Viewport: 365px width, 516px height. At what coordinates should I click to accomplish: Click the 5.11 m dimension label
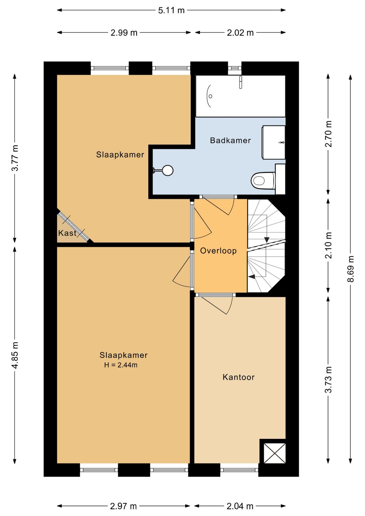pyautogui.click(x=171, y=10)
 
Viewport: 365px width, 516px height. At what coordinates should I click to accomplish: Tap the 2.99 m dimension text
pyautogui.click(x=124, y=33)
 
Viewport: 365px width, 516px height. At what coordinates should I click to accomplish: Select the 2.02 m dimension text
pyautogui.click(x=240, y=33)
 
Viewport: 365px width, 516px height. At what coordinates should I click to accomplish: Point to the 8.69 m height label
pyautogui.click(x=350, y=269)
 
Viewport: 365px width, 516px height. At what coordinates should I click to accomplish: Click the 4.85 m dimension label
pyautogui.click(x=15, y=355)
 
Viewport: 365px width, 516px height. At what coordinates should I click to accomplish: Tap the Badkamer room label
pyautogui.click(x=230, y=140)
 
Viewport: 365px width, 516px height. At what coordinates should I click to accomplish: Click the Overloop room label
pyautogui.click(x=218, y=251)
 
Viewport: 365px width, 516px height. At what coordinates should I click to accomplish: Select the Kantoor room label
pyautogui.click(x=239, y=377)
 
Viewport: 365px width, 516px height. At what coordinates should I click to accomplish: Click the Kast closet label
pyautogui.click(x=67, y=233)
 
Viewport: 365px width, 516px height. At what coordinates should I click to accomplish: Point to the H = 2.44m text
pyautogui.click(x=121, y=365)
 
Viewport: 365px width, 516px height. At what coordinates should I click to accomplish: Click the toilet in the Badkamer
pyautogui.click(x=263, y=181)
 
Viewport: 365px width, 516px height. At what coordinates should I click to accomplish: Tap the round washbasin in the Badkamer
pyautogui.click(x=167, y=171)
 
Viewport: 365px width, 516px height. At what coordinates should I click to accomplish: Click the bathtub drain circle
pyautogui.click(x=211, y=96)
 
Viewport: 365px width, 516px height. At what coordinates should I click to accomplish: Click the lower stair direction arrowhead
pyautogui.click(x=252, y=277)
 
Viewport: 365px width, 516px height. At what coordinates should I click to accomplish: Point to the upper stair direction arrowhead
pyautogui.click(x=267, y=240)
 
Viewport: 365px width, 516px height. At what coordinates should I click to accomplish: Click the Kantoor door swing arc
pyautogui.click(x=230, y=306)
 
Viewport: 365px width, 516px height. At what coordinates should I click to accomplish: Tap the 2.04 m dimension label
pyautogui.click(x=240, y=506)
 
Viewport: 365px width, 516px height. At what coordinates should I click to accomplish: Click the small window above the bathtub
pyautogui.click(x=235, y=68)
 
